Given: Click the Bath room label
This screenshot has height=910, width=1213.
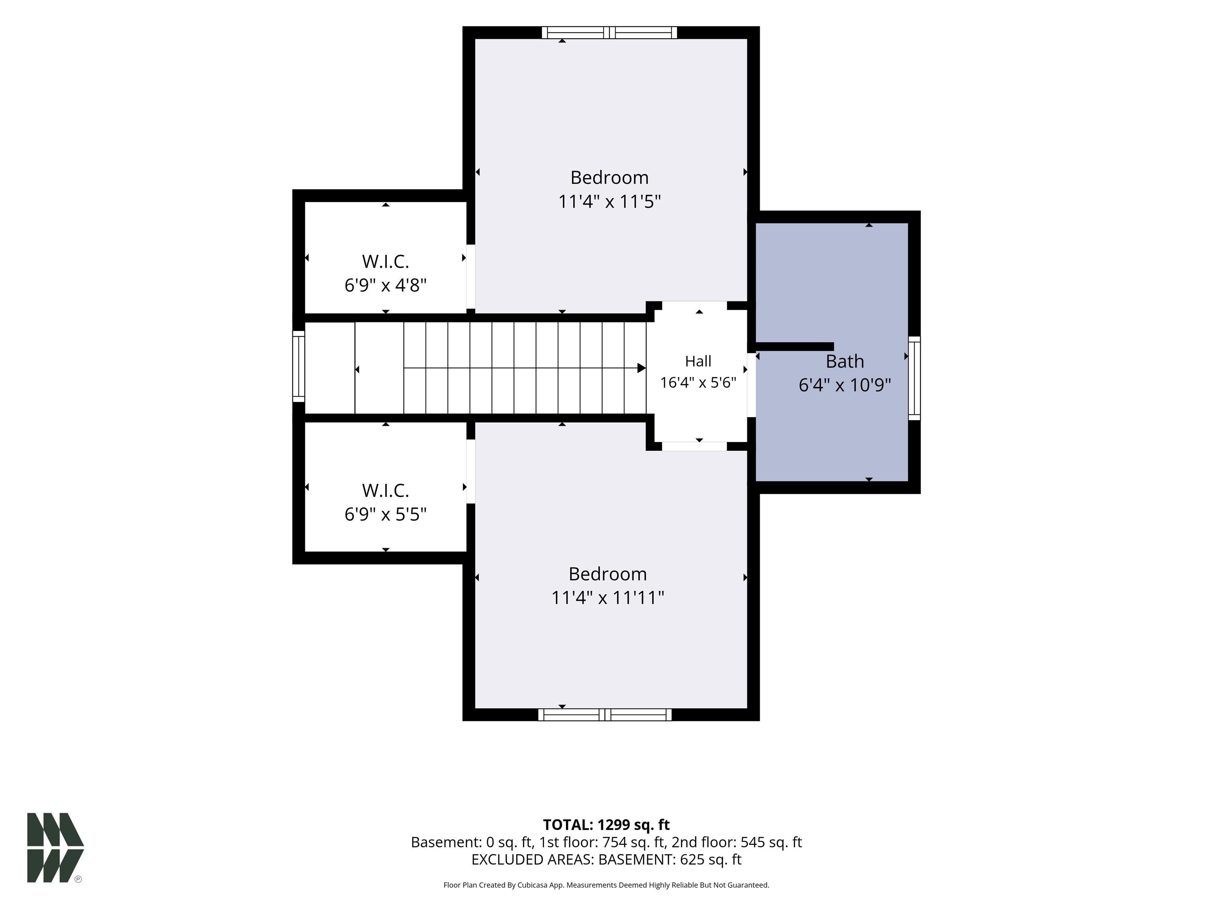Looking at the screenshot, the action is point(845,361).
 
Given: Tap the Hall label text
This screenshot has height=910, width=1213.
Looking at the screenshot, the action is point(698,361).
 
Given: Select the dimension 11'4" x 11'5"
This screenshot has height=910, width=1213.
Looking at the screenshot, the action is point(609,202).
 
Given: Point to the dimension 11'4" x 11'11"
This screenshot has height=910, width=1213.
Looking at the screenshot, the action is point(608,597).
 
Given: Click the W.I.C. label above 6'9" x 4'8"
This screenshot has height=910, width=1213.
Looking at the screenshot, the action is point(385,261).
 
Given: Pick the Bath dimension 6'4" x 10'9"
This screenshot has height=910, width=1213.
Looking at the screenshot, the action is point(845,385).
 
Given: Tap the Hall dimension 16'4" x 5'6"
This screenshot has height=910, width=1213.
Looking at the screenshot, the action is point(698,382).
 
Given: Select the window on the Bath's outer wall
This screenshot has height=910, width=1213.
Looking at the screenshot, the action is point(914,378).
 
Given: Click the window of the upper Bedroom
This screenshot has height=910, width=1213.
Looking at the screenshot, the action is point(609,32).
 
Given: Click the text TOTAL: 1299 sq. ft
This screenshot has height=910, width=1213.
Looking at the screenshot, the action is point(606,825).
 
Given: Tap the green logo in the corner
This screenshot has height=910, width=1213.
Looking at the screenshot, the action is point(55,848).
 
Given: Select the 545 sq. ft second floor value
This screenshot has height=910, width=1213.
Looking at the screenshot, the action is point(771,842).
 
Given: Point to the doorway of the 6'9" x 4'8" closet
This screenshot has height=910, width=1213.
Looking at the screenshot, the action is point(471,276).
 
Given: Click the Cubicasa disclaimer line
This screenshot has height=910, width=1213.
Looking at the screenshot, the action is point(606,885).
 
